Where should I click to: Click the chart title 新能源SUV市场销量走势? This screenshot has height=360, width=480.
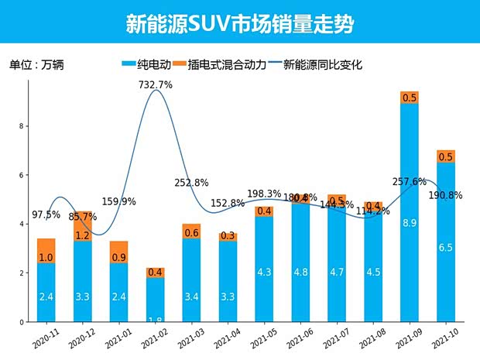[x=239, y=24]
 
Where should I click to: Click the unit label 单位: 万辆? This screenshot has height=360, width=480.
[x=36, y=65]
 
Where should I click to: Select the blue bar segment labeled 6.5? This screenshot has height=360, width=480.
[x=445, y=248]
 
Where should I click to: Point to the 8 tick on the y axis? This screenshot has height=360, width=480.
[x=22, y=126]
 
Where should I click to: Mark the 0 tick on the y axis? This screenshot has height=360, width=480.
[x=22, y=322]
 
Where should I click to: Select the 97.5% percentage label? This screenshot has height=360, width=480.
[x=46, y=214]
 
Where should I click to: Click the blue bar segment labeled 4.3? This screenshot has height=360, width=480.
[x=264, y=273]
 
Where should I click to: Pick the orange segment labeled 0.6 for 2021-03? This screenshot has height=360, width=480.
[x=191, y=232]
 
